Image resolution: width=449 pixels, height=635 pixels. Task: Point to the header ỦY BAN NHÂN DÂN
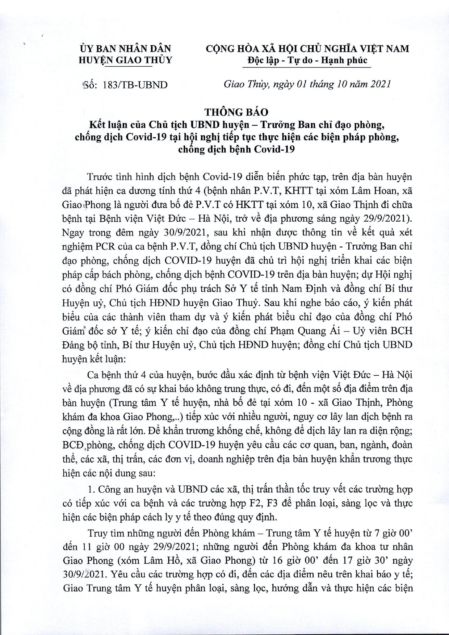[x=126, y=49]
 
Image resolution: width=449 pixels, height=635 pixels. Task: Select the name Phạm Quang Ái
[x=314, y=331]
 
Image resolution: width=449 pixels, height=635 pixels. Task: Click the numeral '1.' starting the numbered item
[x=91, y=489]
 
